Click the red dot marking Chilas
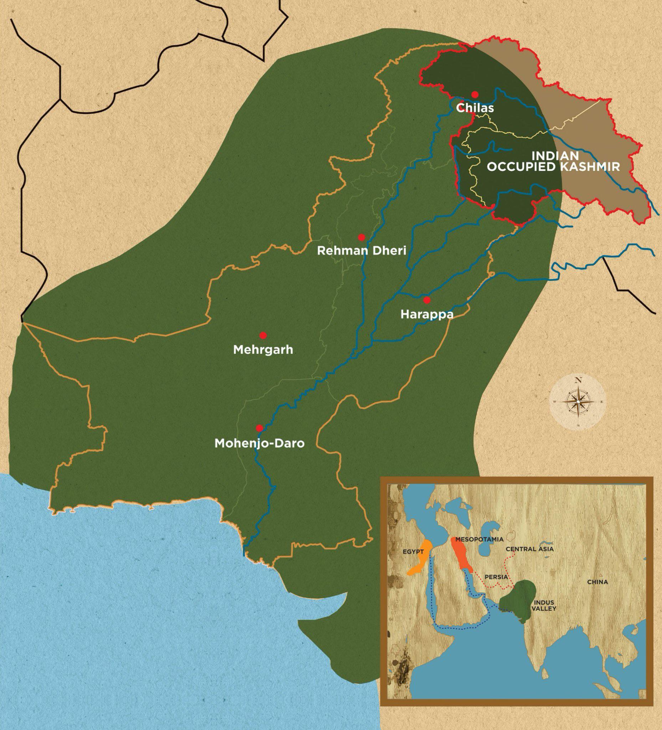coord(475,94)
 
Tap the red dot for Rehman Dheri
coord(361,237)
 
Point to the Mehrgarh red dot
coord(263,335)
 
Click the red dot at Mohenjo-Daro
coord(259,428)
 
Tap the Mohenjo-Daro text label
coord(259,443)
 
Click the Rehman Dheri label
coord(361,251)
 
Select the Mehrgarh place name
coord(263,350)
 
